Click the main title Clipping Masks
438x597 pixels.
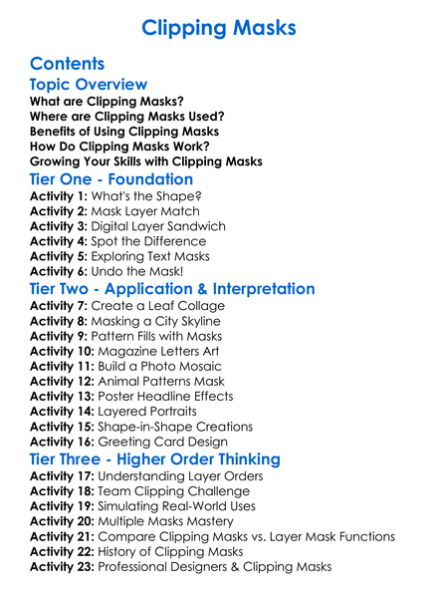click(x=219, y=27)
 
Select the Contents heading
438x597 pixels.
click(x=68, y=64)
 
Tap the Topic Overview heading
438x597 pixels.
click(x=89, y=85)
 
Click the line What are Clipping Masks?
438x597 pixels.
click(x=107, y=102)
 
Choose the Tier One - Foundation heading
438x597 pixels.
click(x=111, y=179)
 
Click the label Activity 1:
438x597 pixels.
click(x=60, y=196)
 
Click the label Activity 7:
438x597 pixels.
click(x=60, y=307)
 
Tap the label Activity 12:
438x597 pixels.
click(x=64, y=382)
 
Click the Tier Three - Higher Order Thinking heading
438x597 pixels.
click(x=154, y=459)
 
